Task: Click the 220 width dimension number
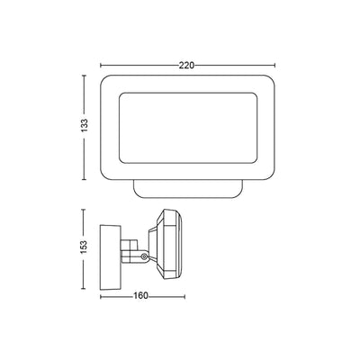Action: pyautogui.click(x=186, y=66)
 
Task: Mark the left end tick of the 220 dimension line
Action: pyautogui.click(x=99, y=66)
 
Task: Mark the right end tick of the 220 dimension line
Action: pyautogui.click(x=274, y=66)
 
